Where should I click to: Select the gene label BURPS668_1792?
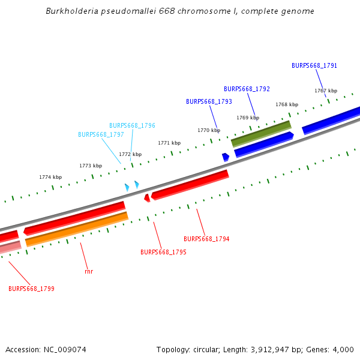(x=247, y=89)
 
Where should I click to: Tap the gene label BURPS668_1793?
(x=209, y=102)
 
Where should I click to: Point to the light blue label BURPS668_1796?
(x=132, y=126)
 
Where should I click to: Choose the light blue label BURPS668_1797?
(x=101, y=135)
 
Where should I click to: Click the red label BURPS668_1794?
(x=206, y=239)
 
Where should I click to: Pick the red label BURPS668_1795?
(x=163, y=253)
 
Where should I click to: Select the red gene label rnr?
(x=89, y=271)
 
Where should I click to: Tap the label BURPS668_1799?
(x=31, y=289)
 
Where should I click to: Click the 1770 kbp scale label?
(x=209, y=130)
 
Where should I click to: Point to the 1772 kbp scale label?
(x=130, y=154)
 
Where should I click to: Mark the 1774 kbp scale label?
(x=50, y=177)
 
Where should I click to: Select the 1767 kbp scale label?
(x=326, y=91)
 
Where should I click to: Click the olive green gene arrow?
(x=261, y=133)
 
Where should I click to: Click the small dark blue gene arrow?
(x=226, y=157)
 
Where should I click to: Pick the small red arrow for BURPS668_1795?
(x=147, y=197)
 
